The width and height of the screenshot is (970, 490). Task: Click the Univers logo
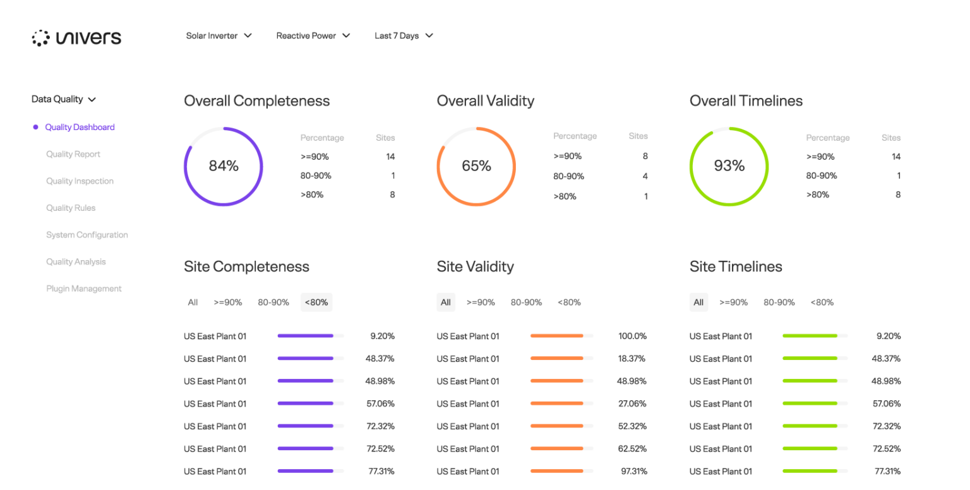[76, 38]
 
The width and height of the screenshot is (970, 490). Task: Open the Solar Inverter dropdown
[219, 36]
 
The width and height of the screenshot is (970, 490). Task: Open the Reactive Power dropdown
[313, 36]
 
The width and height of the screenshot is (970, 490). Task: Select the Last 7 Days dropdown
[404, 36]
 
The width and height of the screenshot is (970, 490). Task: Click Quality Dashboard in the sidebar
[80, 127]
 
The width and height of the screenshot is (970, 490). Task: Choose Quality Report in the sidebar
[73, 154]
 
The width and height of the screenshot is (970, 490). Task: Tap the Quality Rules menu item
[71, 208]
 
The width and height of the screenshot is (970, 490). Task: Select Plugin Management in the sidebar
[84, 289]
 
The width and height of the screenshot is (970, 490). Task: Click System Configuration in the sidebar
[87, 235]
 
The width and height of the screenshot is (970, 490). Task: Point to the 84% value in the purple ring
[224, 166]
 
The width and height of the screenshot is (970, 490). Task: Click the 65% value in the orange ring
[476, 166]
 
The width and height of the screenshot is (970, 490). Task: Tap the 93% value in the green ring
[729, 166]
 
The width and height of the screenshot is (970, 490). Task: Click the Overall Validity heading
[485, 101]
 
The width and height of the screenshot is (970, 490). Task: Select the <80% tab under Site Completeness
[316, 302]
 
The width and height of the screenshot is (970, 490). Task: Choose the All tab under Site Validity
[446, 302]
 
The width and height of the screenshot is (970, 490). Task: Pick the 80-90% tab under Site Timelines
[779, 302]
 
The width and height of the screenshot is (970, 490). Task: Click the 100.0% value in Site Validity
[632, 336]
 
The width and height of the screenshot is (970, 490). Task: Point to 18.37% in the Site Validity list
[632, 359]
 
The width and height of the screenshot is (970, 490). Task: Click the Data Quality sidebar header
[63, 99]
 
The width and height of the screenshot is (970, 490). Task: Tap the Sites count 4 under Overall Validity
[645, 176]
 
